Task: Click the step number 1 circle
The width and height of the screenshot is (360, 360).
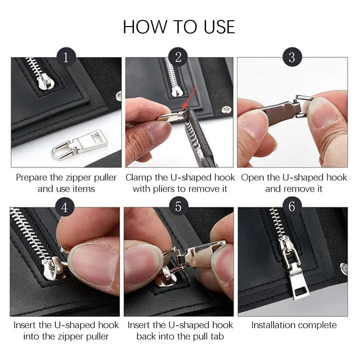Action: click(66, 58)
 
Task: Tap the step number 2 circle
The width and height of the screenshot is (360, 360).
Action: click(179, 58)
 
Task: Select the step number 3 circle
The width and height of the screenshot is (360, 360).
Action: click(292, 58)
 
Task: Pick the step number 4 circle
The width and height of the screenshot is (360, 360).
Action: click(66, 207)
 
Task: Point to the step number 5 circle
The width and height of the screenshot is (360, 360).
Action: click(179, 207)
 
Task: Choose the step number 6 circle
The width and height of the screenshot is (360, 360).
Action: click(292, 207)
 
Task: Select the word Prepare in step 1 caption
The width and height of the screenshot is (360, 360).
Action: click(32, 177)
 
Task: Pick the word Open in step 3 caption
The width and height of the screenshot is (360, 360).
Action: click(252, 177)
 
